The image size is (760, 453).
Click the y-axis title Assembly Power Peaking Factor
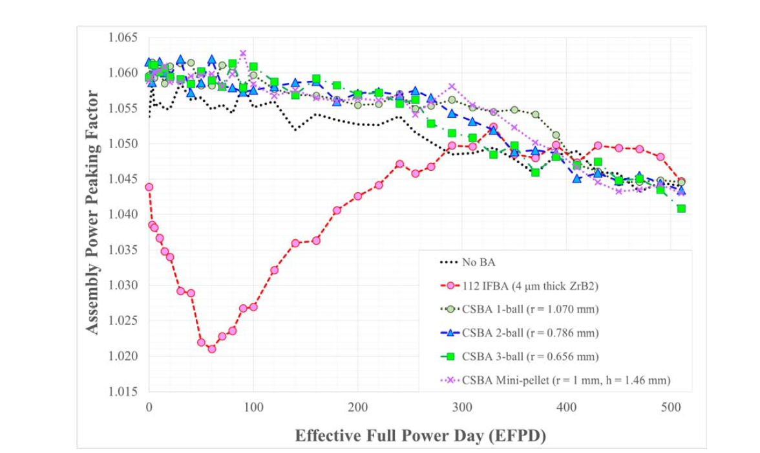(x=93, y=213)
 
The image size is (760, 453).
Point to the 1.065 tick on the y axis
(x=125, y=37)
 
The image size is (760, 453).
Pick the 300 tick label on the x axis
(x=461, y=408)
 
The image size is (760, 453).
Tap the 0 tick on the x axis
(x=149, y=408)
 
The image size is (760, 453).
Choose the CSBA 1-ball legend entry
(x=530, y=309)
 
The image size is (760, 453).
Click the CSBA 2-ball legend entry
(x=530, y=333)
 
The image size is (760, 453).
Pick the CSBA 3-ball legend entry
(x=530, y=357)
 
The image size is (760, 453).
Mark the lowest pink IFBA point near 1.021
(x=211, y=349)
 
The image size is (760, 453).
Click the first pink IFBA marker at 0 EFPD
(x=149, y=187)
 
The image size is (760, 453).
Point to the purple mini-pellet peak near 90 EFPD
(x=243, y=53)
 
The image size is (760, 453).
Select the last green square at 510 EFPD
(x=681, y=208)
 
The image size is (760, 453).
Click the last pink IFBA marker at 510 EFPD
(x=681, y=182)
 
